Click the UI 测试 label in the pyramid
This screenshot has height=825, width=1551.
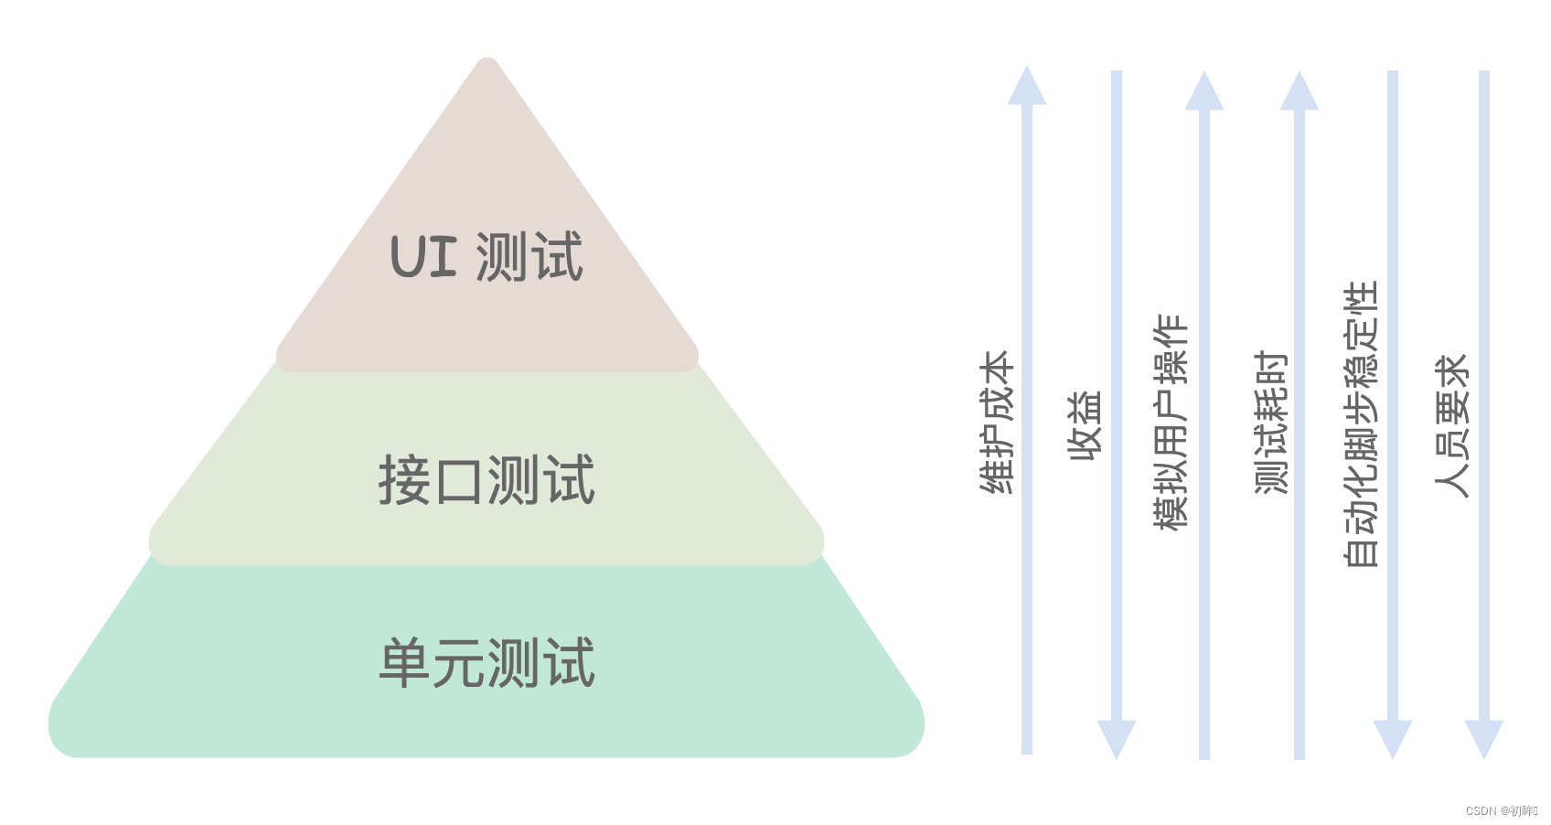[x=487, y=257]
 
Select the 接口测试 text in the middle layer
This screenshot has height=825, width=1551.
[x=487, y=480]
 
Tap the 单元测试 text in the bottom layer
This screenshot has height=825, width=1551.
[x=487, y=663]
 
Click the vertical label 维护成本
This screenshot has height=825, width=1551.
[x=997, y=422]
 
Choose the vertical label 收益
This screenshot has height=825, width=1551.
[x=1086, y=425]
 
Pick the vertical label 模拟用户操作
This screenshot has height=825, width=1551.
[x=1171, y=422]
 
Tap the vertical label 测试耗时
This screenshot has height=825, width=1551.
[x=1270, y=422]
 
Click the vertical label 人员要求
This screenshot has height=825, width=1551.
[x=1451, y=425]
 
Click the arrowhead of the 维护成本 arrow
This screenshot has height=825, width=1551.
[x=1027, y=86]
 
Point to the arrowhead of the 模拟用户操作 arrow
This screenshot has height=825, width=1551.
[x=1204, y=91]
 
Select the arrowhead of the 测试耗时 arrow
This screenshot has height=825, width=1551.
[x=1300, y=91]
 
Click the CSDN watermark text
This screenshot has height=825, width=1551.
[x=1501, y=811]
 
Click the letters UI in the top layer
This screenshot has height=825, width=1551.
[x=423, y=257]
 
